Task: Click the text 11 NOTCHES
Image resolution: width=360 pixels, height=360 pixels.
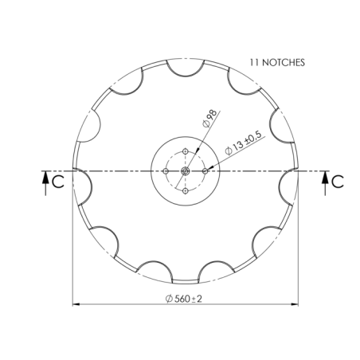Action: [x=277, y=61]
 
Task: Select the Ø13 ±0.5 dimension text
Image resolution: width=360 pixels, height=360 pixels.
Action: [x=245, y=145]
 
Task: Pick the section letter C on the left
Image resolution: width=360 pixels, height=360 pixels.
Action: [x=58, y=182]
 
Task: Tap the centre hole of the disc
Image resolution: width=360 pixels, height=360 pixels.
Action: [x=185, y=170]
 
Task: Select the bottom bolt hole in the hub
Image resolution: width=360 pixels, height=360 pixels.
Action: [x=185, y=191]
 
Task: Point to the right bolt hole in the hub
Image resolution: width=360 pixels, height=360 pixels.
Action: [x=205, y=170]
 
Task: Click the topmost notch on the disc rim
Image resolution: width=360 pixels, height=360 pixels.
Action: [x=185, y=68]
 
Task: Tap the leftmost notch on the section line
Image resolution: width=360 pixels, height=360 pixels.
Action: [x=83, y=185]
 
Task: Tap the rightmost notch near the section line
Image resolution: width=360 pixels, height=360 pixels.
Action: [x=287, y=185]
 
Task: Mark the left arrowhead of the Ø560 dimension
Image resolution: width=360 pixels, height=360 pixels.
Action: [x=76, y=303]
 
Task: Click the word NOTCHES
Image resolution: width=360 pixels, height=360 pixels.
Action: [x=284, y=61]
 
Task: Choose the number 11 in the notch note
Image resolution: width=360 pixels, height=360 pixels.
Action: [x=255, y=61]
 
